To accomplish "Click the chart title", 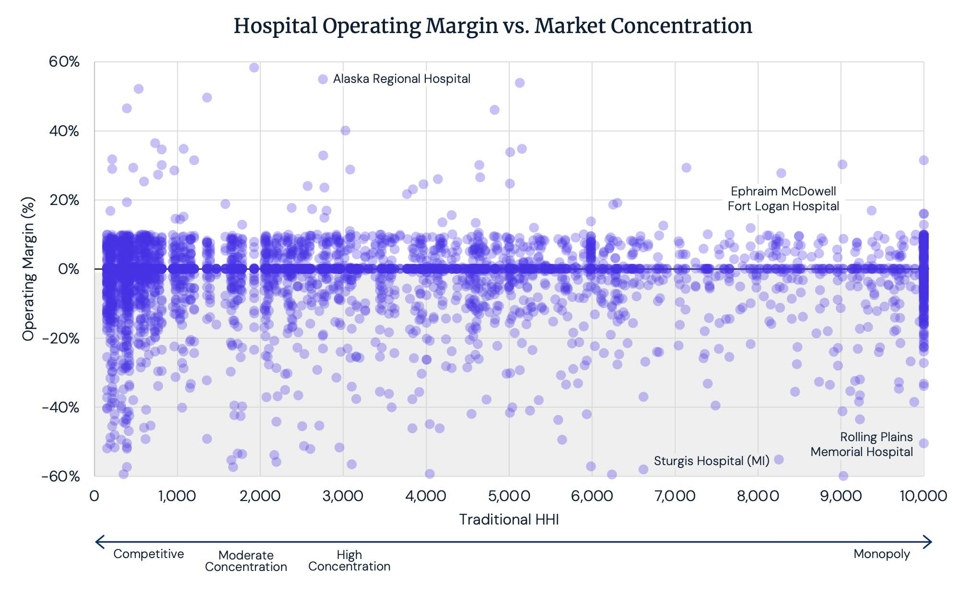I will point(492,26).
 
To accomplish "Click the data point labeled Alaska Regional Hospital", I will point(323,79).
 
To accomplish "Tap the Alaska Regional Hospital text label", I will point(402,79).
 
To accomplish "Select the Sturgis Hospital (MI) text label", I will point(712,461).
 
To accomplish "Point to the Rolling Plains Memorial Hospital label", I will point(862,445).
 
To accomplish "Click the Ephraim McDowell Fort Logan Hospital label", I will point(783,199).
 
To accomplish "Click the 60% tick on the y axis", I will point(64,62).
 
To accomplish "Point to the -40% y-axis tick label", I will point(60,408).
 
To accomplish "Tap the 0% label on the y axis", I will point(68,269).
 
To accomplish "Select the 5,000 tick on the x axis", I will point(509,496).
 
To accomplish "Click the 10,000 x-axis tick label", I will point(923,496).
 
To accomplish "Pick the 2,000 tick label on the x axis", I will point(260,496).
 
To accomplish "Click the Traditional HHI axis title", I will point(509,520).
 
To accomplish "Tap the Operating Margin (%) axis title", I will point(29,269).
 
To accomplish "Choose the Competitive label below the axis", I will point(149,554).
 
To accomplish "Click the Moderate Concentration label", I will point(246,561).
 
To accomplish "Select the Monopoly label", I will point(882,554).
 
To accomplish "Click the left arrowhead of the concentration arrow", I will point(99,542).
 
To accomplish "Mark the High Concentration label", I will point(349,560).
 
